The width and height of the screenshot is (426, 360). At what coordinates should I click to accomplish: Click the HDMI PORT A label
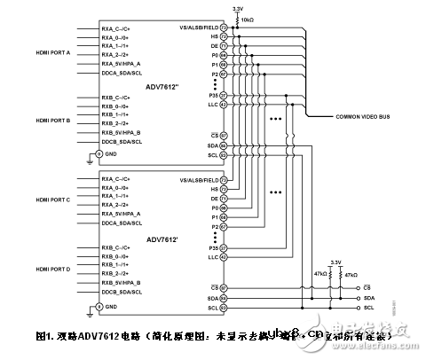55,53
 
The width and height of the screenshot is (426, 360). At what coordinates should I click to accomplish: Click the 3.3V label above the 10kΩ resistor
237,7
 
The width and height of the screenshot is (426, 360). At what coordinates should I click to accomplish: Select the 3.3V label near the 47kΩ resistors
334,262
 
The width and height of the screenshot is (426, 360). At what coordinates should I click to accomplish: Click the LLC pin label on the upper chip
210,104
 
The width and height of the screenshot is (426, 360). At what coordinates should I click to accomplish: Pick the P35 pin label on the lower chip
210,248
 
